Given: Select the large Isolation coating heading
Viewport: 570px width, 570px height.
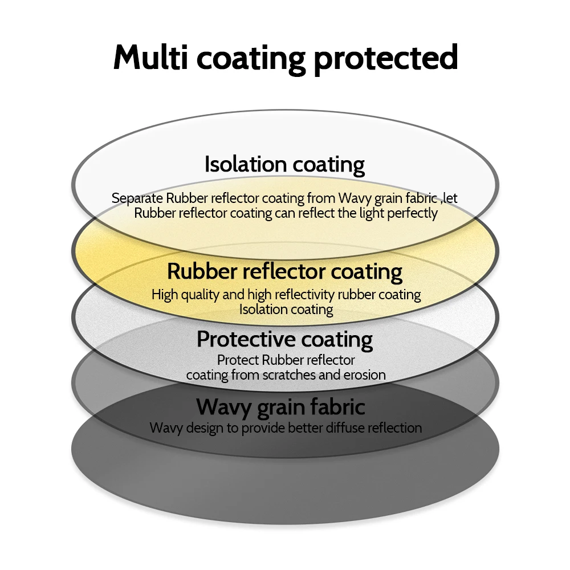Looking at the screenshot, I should tap(284, 164).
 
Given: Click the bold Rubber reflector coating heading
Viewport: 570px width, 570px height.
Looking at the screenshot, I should tap(284, 271).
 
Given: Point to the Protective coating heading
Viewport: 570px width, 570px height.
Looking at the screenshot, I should tap(284, 339).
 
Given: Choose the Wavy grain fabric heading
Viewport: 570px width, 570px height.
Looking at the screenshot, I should tap(280, 407).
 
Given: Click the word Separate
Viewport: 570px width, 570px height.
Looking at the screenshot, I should tap(137, 198).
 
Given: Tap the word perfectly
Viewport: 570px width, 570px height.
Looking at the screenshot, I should tap(412, 213).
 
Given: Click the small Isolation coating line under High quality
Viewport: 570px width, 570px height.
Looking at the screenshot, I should tap(286, 310).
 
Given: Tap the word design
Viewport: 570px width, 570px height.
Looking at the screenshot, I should tap(205, 427).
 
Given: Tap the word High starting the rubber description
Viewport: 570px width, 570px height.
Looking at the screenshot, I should tap(164, 295).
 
